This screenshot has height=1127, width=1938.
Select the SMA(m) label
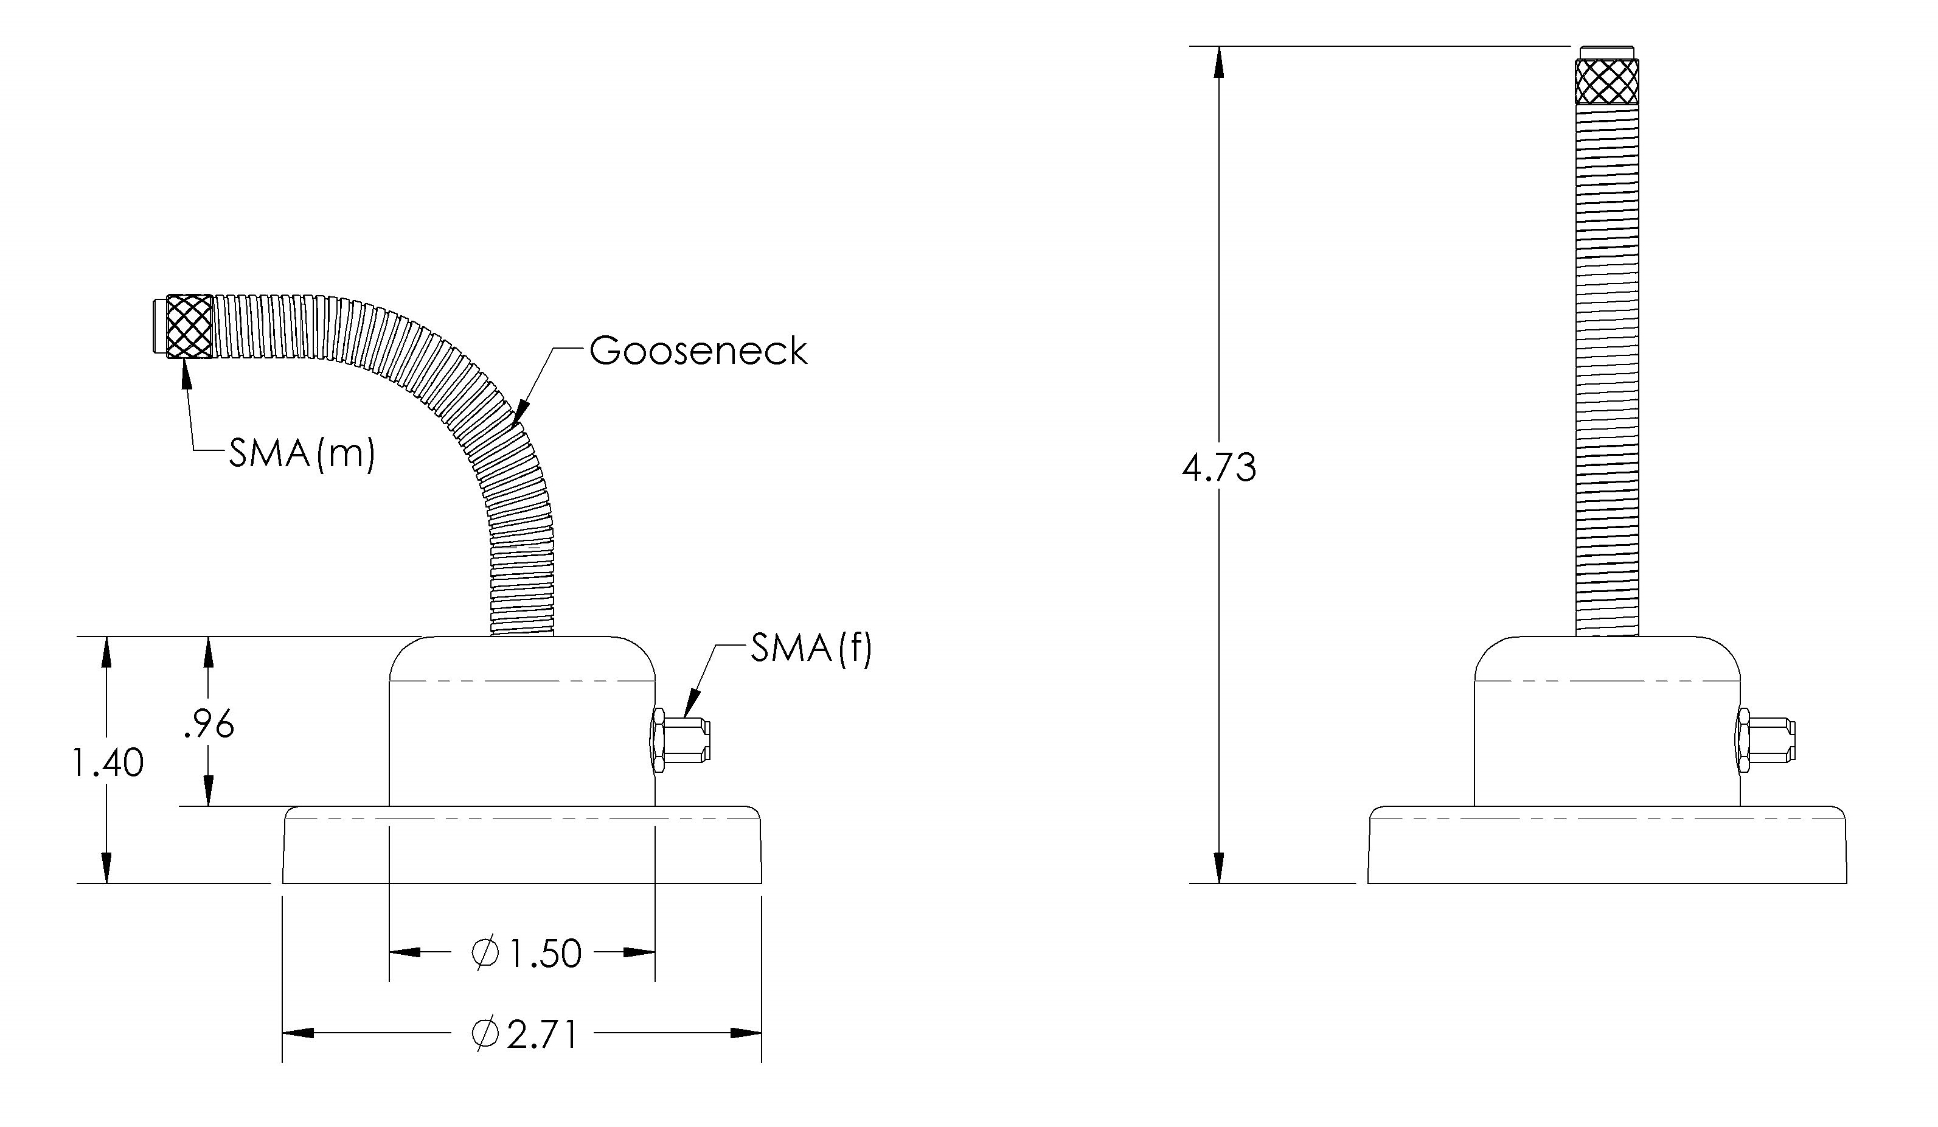[302, 455]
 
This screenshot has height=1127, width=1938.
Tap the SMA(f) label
[811, 649]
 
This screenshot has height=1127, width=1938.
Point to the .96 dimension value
[209, 725]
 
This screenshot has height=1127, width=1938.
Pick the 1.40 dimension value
[107, 764]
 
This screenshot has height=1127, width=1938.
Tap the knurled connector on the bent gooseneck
[189, 326]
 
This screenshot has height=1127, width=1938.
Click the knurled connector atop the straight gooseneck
[1606, 82]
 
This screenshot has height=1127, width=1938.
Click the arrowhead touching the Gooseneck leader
[521, 414]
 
